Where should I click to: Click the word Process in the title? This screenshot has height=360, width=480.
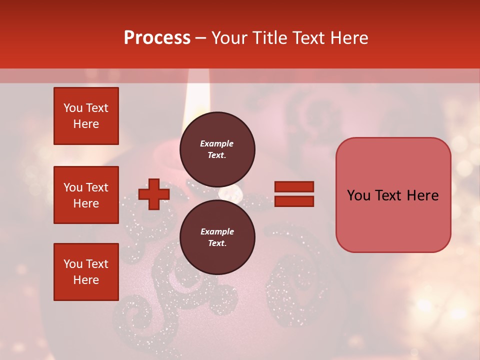157,38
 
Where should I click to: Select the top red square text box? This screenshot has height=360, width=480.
86,116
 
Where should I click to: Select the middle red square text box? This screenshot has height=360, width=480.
86,195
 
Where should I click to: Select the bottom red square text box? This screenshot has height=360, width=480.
86,272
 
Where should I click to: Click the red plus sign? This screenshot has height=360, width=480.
153,194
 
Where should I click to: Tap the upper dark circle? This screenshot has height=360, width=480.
217,149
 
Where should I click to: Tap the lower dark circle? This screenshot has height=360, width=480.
217,237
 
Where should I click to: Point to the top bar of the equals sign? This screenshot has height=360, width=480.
294,187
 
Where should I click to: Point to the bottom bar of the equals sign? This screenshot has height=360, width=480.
294,201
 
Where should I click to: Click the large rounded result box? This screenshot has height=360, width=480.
393,195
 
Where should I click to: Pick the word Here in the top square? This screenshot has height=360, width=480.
86,124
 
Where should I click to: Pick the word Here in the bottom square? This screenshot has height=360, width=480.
86,280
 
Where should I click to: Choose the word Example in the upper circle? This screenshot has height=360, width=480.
217,143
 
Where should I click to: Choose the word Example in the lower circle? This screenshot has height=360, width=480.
217,231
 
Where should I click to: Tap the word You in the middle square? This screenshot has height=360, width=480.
72,187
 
